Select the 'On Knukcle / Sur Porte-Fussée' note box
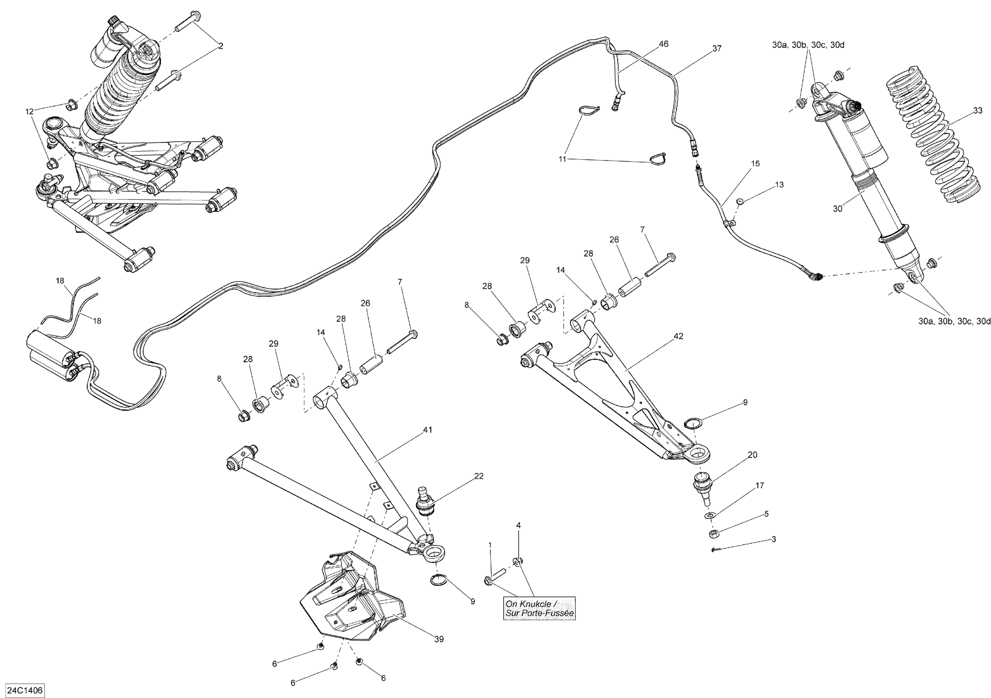(539, 608)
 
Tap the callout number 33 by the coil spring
(977, 111)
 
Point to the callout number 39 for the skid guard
(439, 640)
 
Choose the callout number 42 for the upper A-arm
(679, 336)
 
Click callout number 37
(716, 49)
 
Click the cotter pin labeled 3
(714, 549)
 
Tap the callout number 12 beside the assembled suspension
(29, 112)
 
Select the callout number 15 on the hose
(755, 164)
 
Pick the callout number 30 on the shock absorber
(837, 209)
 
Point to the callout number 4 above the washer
(518, 525)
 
